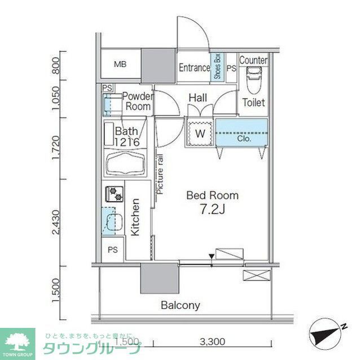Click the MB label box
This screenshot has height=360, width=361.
(120, 65)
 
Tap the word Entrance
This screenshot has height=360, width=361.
(194, 68)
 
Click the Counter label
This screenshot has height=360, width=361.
(253, 60)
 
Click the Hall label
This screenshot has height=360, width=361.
(197, 98)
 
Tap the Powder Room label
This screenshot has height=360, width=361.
(137, 101)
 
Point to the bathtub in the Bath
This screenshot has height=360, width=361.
(125, 164)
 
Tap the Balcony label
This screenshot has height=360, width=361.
(180, 305)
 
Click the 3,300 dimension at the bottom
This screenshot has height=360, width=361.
(212, 341)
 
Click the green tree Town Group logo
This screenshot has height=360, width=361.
(17, 341)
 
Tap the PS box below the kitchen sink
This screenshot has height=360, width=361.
(113, 248)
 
